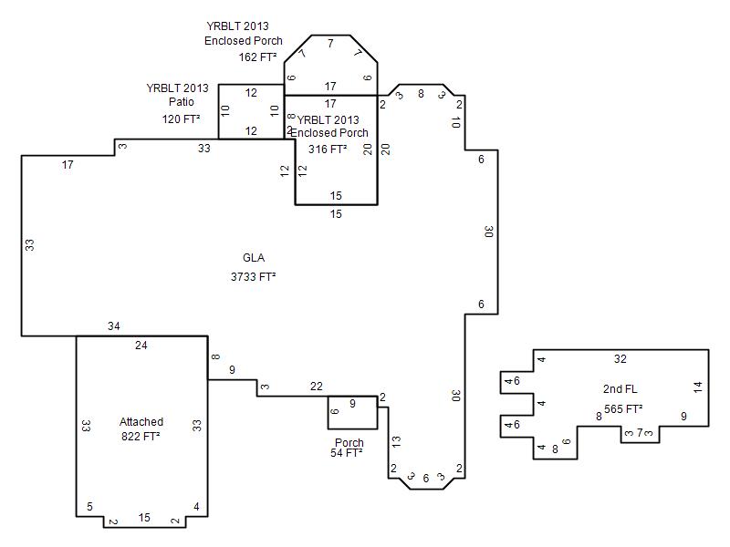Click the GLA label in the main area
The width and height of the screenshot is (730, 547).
pos(254,258)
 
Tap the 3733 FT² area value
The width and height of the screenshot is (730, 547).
pos(254,277)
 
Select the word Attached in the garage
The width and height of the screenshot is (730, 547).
pos(141,422)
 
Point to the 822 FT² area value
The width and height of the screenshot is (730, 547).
pos(141,437)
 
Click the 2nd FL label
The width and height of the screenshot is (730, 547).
pos(620,389)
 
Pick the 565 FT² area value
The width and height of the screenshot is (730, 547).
pos(623,408)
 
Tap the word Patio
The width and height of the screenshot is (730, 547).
pos(181,101)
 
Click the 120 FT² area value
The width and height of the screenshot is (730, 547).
pos(181,119)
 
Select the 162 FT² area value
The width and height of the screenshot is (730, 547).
pos(258,57)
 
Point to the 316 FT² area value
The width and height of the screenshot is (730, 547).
pos(328,149)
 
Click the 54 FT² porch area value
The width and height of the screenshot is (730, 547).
pos(347,452)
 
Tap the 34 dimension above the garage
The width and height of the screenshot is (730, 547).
pos(113,326)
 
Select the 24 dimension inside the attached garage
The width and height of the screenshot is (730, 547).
pos(141,346)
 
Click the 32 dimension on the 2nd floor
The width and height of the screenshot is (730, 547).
pos(620,358)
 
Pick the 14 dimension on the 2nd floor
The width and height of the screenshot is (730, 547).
pos(697,387)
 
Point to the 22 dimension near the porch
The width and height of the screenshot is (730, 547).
pos(316,386)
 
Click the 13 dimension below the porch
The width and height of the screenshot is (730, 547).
pos(396,441)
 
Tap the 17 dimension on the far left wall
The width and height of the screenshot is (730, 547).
pos(68,165)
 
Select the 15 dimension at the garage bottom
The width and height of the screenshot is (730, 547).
pos(144,517)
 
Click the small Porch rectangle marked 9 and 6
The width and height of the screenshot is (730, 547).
pos(352,413)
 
